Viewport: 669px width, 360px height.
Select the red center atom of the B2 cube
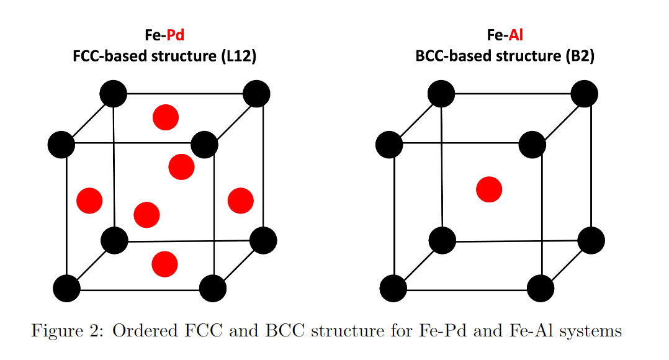click(x=489, y=189)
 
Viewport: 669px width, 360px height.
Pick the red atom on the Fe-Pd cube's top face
click(x=166, y=117)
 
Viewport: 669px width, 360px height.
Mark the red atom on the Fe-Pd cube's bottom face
click(x=164, y=264)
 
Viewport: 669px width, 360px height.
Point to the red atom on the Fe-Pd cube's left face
click(x=89, y=200)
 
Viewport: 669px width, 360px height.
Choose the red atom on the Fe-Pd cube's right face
click(x=240, y=200)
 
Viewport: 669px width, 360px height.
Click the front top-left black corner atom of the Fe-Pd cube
click(x=61, y=145)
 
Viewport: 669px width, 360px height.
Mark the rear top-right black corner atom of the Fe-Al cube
click(x=584, y=94)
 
